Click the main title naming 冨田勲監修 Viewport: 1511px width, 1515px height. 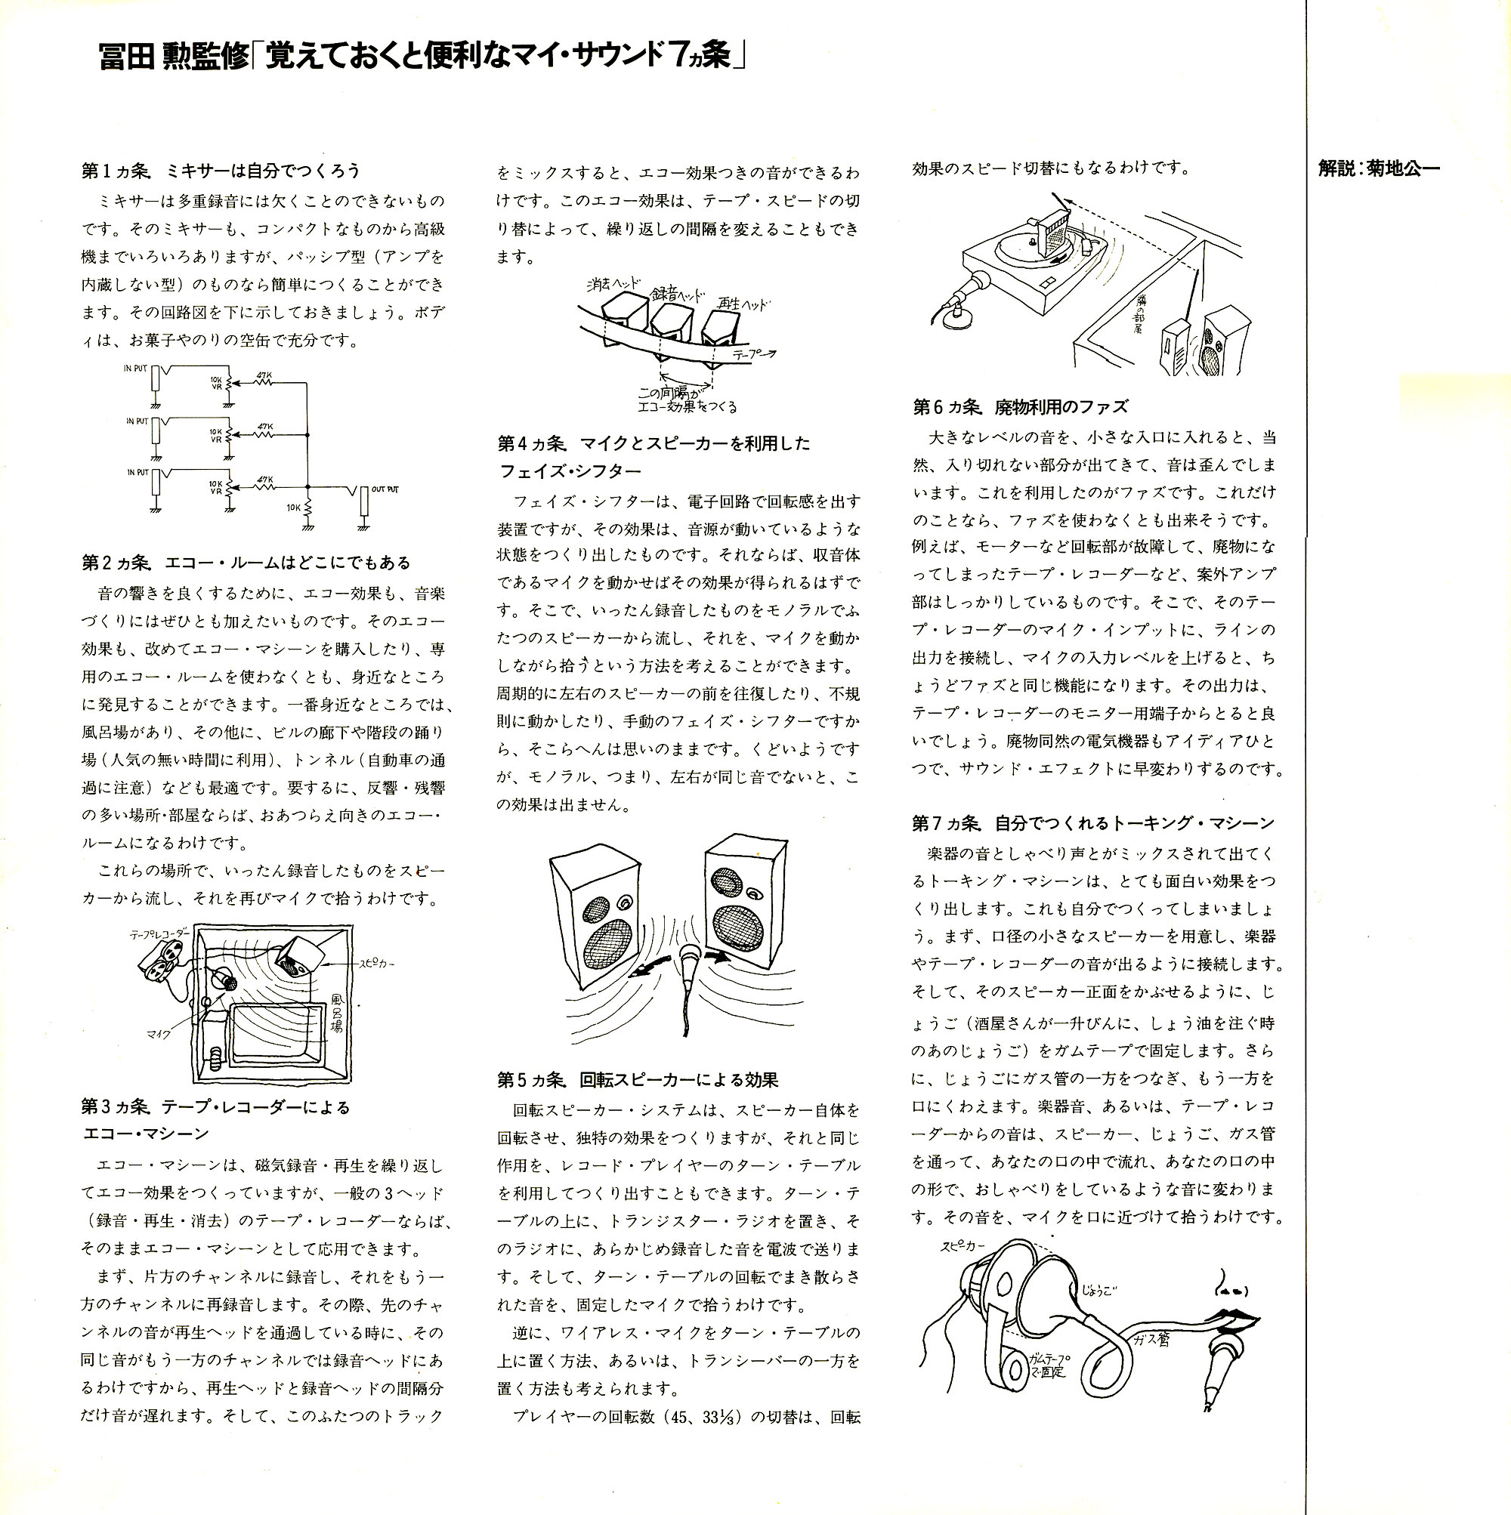(422, 57)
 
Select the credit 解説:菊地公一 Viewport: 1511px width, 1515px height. (1380, 168)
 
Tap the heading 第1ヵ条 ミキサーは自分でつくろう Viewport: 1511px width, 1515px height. (221, 171)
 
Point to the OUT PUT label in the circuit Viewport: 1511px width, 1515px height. (385, 489)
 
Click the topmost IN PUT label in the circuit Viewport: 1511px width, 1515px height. (135, 368)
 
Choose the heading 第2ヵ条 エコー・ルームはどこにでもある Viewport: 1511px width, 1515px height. (246, 562)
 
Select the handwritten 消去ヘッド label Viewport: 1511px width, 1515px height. (613, 284)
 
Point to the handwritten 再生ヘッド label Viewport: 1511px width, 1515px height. (743, 304)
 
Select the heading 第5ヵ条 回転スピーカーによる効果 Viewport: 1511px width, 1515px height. (637, 1080)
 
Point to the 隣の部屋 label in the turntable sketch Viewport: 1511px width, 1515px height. (1139, 314)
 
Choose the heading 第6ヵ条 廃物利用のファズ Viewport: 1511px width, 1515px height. (1020, 406)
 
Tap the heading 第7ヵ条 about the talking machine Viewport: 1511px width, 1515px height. (1093, 822)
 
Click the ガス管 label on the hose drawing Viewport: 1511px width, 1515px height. (1151, 1340)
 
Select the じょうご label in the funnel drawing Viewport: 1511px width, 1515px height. (1098, 1291)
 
